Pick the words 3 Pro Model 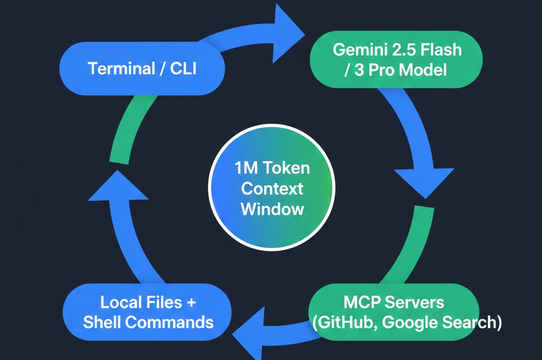click(395, 70)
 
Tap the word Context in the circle click(272, 188)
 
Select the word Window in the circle click(272, 208)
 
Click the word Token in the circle click(286, 169)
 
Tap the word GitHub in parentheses click(345, 322)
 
